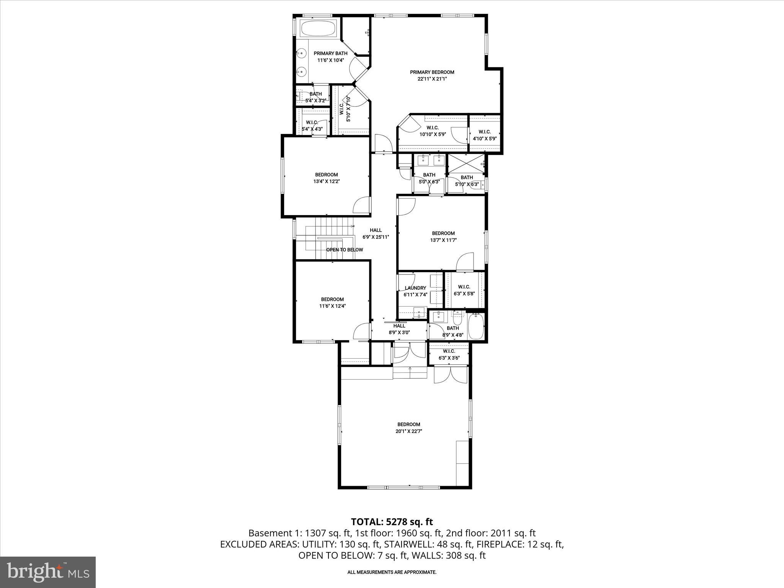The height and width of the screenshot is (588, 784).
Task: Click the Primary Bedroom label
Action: [x=432, y=72]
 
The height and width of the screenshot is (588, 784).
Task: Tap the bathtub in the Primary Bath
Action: [x=318, y=29]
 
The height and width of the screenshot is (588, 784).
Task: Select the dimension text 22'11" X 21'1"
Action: [x=432, y=79]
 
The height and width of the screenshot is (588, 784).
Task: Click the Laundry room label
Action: [x=415, y=288]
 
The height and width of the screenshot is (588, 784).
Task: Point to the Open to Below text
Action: [x=345, y=250]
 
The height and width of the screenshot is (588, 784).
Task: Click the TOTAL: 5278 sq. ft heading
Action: [x=392, y=522]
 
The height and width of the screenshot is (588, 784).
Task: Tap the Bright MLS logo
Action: [x=48, y=572]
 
